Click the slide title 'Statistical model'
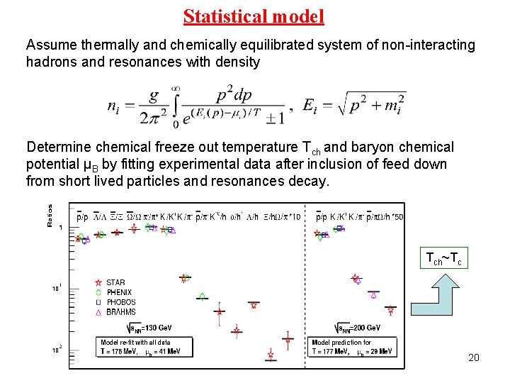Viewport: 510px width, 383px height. point(254,16)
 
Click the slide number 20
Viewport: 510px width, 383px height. point(474,357)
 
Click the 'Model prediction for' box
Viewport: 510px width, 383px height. point(352,347)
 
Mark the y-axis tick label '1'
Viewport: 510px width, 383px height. point(61,227)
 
